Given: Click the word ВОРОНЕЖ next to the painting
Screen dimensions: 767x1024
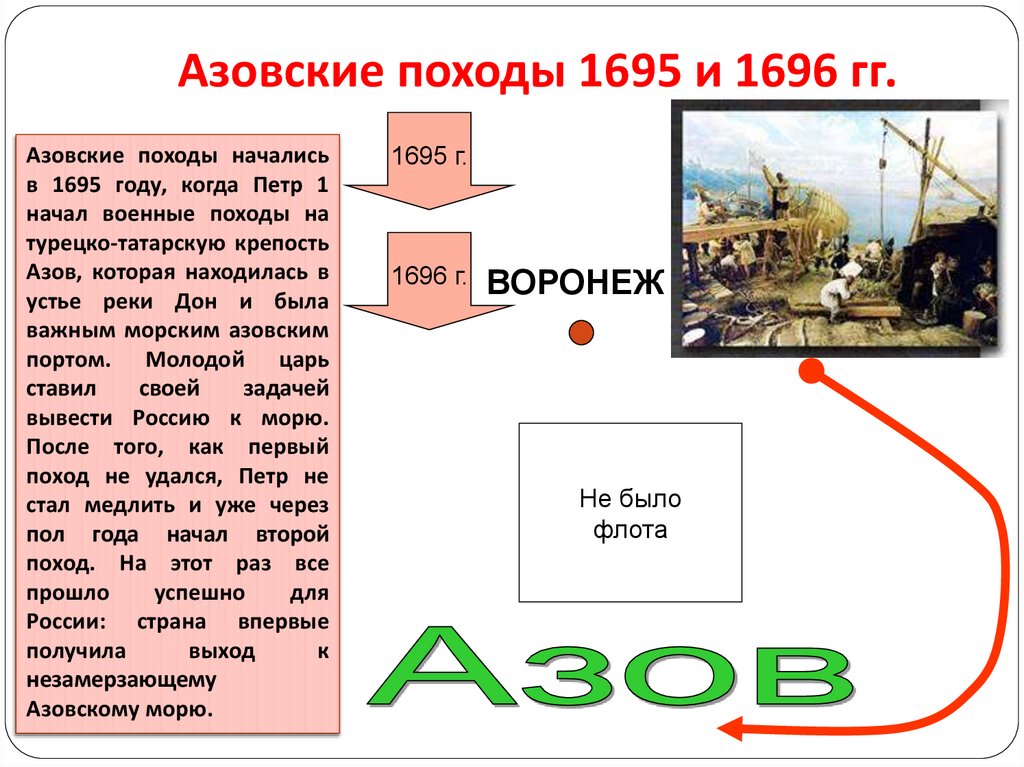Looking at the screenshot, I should [x=575, y=283].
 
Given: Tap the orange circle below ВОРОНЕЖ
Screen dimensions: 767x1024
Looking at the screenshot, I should [x=581, y=333].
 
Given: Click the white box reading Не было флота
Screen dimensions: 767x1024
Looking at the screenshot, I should [x=630, y=512].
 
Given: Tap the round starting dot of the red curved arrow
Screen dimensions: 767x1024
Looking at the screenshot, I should [x=811, y=374].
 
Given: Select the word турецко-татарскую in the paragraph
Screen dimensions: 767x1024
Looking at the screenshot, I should [x=103, y=244].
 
